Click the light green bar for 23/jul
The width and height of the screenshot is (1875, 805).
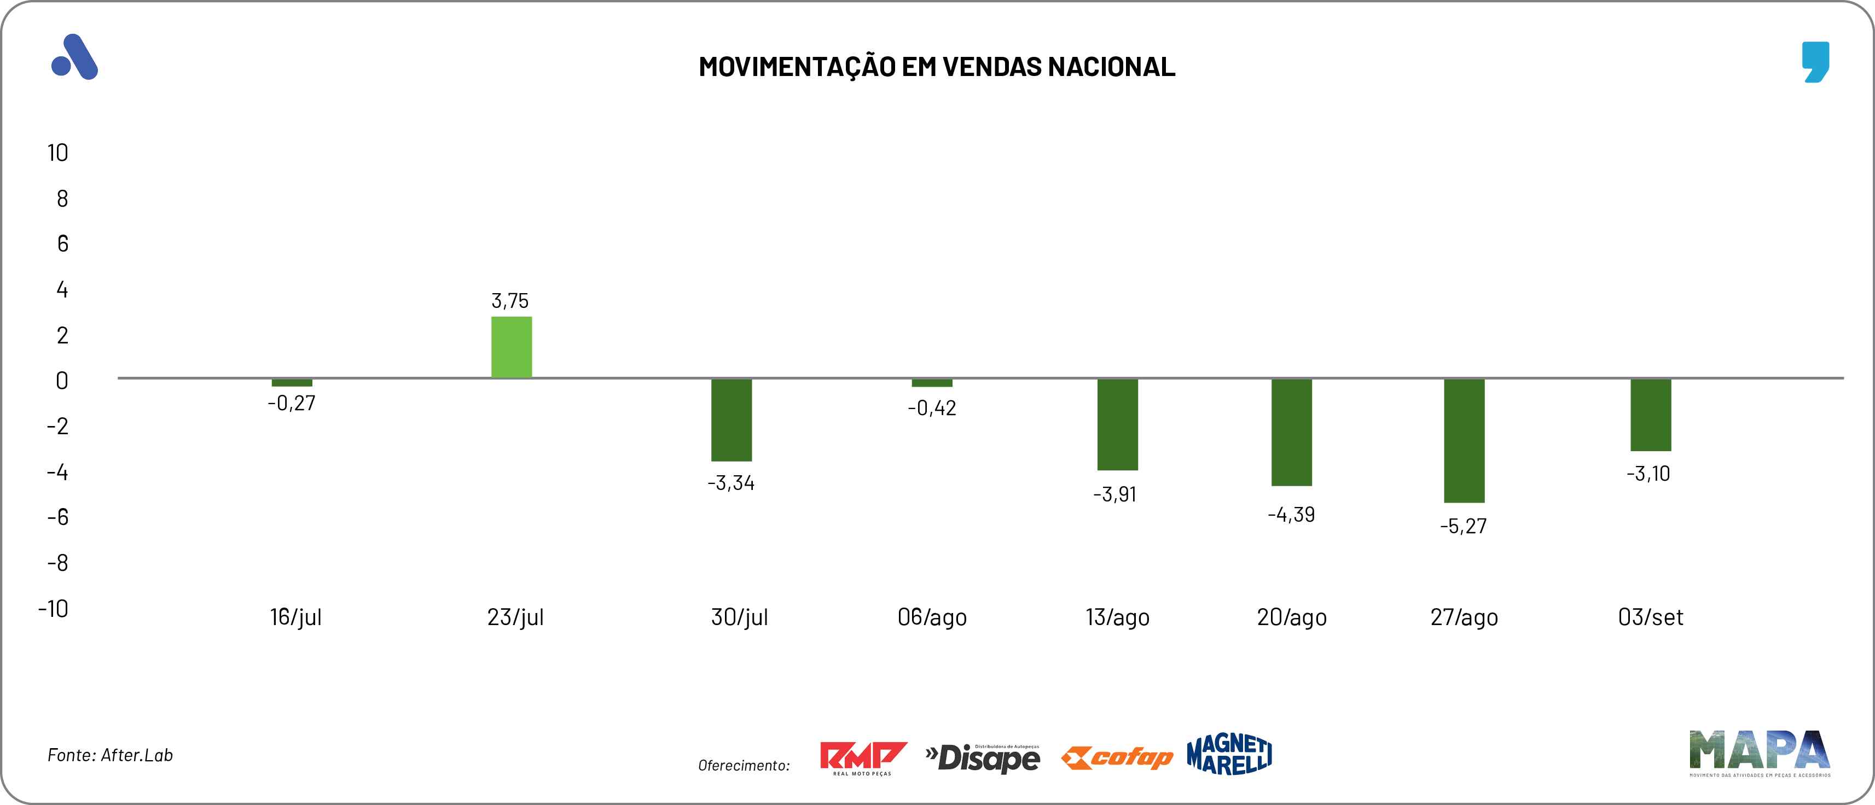(x=511, y=347)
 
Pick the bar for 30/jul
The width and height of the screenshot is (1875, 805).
(x=731, y=420)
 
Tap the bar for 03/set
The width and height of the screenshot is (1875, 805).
(x=1650, y=415)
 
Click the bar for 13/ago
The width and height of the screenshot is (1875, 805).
(x=1117, y=424)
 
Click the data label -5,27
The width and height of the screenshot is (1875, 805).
(x=1463, y=526)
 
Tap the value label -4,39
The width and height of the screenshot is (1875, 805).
(x=1291, y=515)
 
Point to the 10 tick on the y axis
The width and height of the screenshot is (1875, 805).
(x=57, y=153)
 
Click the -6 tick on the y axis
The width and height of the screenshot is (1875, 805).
(x=57, y=517)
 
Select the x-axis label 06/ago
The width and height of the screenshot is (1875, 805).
(x=932, y=617)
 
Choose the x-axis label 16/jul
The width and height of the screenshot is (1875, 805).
(x=295, y=617)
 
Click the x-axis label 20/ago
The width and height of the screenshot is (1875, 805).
(x=1291, y=617)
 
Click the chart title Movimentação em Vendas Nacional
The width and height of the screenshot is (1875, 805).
(x=937, y=67)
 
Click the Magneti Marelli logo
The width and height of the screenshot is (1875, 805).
(x=1229, y=754)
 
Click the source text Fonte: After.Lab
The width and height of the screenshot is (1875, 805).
(x=110, y=755)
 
